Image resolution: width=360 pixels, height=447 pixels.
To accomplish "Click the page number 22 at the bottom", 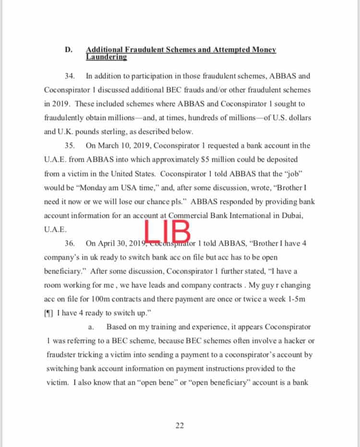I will coord(180,426).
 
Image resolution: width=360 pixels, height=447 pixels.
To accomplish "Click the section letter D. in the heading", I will coord(69,50).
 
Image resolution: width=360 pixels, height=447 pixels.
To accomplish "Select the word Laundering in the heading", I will coord(106,57).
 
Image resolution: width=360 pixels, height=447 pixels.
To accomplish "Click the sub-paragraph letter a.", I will coord(92,327).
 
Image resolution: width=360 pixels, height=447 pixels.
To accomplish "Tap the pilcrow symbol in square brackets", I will coord(48,313).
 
